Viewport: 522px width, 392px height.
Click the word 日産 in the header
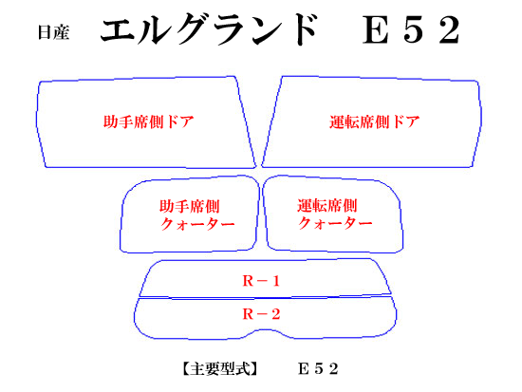click(x=53, y=32)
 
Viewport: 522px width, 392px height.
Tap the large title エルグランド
click(x=209, y=29)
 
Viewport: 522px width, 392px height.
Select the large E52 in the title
click(x=412, y=30)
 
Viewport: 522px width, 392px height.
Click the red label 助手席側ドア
click(x=148, y=121)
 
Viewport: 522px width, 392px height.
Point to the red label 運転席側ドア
click(x=375, y=121)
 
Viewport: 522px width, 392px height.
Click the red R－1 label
click(x=261, y=281)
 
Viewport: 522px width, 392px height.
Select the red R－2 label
click(x=261, y=314)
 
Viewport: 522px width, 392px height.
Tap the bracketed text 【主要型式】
click(x=220, y=368)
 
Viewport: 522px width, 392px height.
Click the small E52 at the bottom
click(x=318, y=368)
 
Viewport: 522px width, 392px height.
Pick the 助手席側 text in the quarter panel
click(x=190, y=206)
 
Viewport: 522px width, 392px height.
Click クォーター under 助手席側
click(x=197, y=223)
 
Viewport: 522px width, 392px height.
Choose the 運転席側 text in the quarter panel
click(x=327, y=206)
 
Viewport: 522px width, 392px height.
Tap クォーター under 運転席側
click(x=335, y=223)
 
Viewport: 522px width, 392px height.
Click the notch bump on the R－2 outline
click(x=264, y=330)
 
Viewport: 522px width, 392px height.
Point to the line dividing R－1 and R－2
click(x=266, y=297)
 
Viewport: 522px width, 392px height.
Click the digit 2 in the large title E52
click(x=450, y=30)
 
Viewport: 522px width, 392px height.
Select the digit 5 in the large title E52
click(x=413, y=30)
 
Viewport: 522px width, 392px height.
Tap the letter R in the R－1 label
click(x=249, y=281)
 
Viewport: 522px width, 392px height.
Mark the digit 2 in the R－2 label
click(x=275, y=314)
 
